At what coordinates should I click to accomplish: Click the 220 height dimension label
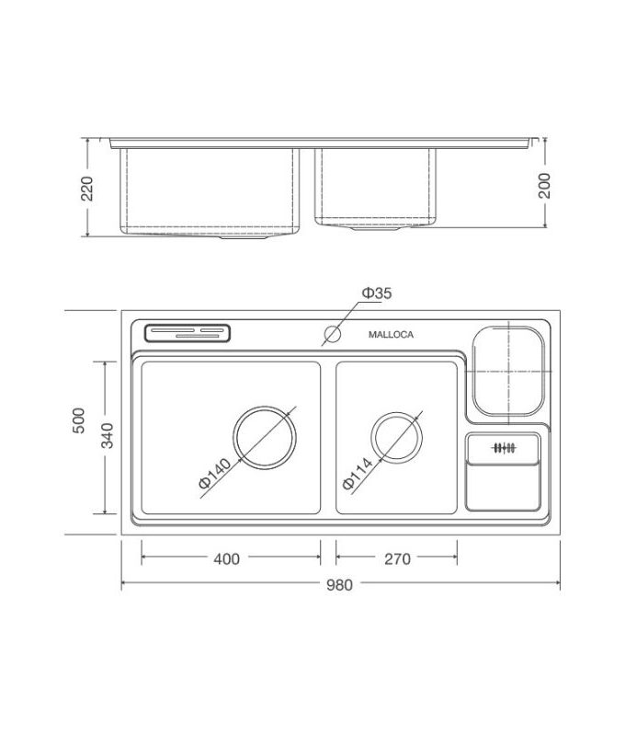point(87,188)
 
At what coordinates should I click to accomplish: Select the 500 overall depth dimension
point(78,422)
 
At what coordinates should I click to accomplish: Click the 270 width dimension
point(397,558)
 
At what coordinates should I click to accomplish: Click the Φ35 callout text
point(376,293)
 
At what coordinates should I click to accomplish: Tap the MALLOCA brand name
point(391,335)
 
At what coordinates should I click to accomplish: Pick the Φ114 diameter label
point(355,471)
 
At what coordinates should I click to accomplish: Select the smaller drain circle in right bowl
point(397,437)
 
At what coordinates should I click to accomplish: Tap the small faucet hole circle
point(331,334)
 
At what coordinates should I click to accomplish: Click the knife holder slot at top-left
point(187,333)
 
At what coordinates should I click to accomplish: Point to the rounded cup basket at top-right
point(507,369)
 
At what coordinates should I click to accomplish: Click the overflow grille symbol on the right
point(502,449)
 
